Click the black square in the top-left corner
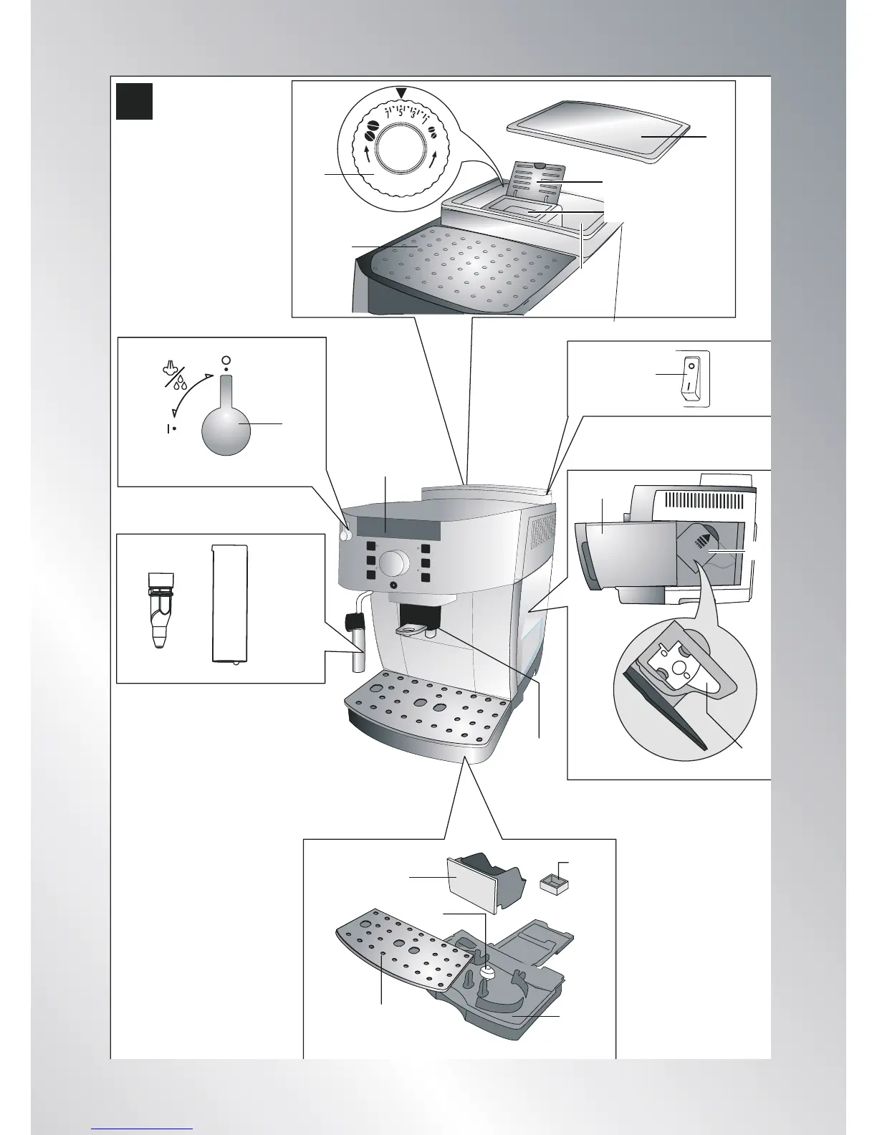pyautogui.click(x=135, y=101)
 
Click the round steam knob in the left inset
pyautogui.click(x=229, y=428)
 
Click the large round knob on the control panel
pyautogui.click(x=392, y=563)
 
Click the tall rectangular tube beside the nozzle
pyautogui.click(x=230, y=604)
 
